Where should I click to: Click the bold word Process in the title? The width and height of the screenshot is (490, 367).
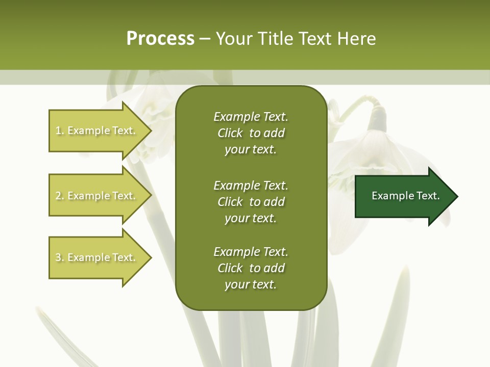click(160, 39)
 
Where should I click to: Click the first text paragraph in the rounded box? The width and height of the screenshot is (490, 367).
click(251, 133)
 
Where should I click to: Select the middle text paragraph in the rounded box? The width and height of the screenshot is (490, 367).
click(251, 202)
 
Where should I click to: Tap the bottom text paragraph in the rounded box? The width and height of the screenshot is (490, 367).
click(251, 268)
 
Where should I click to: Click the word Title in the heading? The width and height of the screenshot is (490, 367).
click(276, 39)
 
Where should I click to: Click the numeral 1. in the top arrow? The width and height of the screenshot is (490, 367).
click(60, 130)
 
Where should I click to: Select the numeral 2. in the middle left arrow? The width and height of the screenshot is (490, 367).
click(60, 196)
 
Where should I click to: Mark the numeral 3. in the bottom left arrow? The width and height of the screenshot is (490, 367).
click(60, 257)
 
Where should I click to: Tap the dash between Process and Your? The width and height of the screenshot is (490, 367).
click(205, 39)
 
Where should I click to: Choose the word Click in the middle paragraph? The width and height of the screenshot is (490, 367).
click(230, 202)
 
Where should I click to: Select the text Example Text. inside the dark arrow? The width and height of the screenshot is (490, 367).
click(405, 196)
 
